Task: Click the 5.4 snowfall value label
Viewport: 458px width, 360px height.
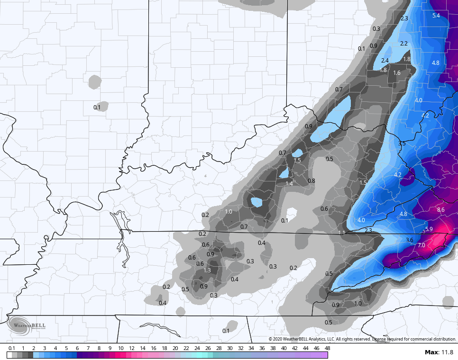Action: tap(436, 16)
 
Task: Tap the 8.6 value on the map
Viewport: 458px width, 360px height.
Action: tap(440, 209)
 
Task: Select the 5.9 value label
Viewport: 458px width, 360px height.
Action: tap(429, 229)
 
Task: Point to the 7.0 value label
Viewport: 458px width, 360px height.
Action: tap(421, 245)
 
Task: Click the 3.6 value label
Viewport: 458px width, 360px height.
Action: tap(410, 240)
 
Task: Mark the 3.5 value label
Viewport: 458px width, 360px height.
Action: tap(402, 144)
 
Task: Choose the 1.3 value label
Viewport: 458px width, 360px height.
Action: tap(207, 270)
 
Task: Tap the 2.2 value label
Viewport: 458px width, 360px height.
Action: tap(404, 43)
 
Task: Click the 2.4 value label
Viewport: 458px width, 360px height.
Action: tap(385, 61)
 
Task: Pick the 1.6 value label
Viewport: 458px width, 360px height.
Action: tap(397, 73)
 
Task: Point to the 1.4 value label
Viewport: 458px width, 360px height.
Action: tap(289, 184)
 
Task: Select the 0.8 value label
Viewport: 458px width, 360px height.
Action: tap(311, 181)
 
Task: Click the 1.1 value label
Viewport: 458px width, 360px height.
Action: tap(342, 233)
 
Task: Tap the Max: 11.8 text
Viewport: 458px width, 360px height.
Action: tap(439, 352)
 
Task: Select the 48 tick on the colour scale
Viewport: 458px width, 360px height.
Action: tap(327, 348)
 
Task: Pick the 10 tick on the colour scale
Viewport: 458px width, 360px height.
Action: tap(120, 348)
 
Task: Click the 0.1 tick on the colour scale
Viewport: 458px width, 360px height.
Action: tap(11, 348)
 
